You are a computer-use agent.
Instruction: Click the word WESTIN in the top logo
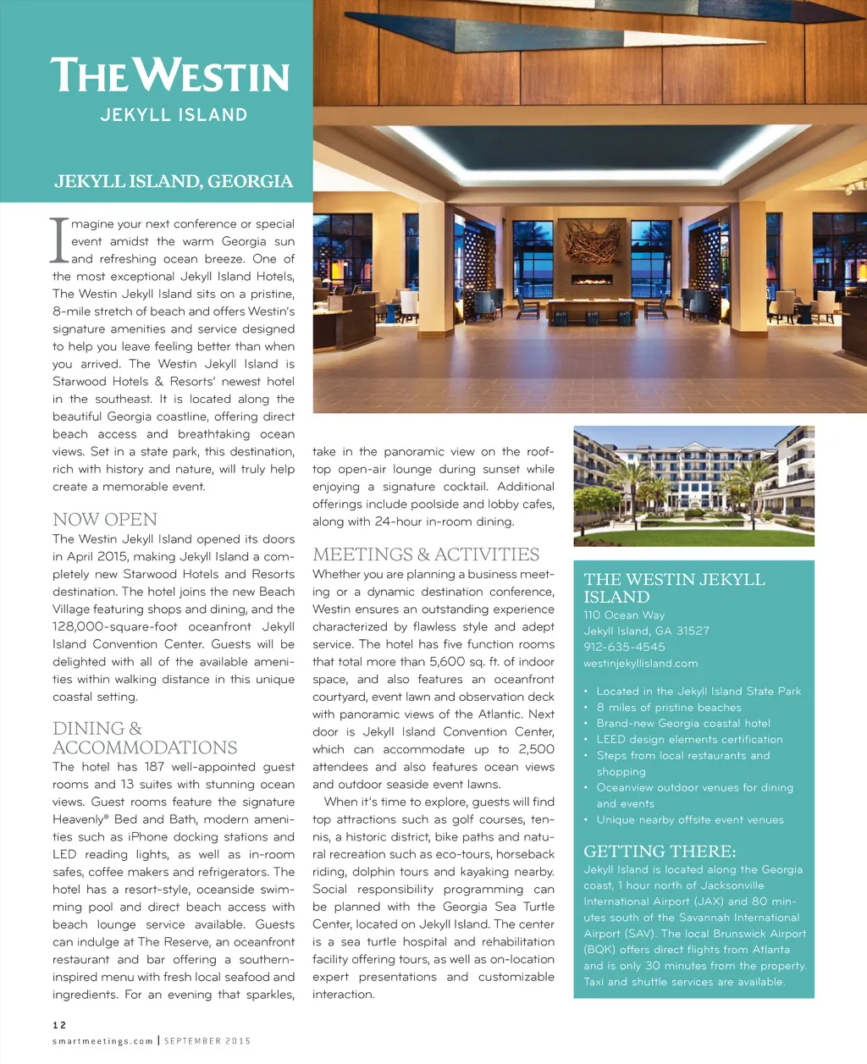[216, 75]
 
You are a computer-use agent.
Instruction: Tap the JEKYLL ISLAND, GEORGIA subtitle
[174, 181]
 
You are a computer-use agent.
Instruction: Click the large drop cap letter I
[58, 240]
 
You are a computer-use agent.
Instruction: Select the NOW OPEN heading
[105, 519]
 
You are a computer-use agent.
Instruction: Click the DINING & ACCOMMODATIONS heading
[145, 738]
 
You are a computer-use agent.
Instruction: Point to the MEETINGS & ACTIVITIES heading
[426, 554]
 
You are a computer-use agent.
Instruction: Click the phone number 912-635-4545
[624, 647]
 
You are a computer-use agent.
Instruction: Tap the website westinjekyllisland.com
[640, 663]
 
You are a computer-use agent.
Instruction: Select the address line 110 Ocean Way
[624, 615]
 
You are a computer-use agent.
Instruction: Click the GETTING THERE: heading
[660, 851]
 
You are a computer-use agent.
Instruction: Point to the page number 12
[59, 1025]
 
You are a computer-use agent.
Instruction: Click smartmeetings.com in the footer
[102, 1041]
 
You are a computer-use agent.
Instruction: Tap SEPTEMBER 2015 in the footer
[207, 1041]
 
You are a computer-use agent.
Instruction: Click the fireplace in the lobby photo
[592, 279]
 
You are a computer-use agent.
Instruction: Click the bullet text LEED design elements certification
[689, 739]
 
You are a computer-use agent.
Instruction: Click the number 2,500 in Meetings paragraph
[536, 749]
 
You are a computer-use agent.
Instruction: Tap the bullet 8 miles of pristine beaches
[669, 707]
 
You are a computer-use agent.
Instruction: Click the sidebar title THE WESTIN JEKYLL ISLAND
[674, 587]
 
